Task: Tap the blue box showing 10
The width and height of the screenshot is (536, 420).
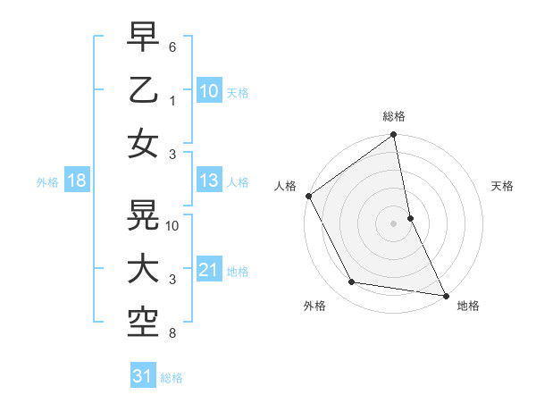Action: (209, 90)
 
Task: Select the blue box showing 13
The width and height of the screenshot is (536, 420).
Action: (209, 181)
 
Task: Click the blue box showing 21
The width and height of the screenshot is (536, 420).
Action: (209, 270)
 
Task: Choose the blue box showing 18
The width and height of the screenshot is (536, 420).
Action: (77, 181)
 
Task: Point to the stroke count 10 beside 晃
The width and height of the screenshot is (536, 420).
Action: (173, 225)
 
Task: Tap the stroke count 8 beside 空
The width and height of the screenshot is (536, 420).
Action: (172, 334)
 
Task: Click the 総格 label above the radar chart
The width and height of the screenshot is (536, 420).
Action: (394, 116)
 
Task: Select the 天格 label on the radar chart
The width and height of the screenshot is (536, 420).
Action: (503, 186)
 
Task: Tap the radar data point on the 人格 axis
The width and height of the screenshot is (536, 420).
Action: (308, 196)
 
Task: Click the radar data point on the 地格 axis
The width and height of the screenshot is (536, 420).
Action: (445, 294)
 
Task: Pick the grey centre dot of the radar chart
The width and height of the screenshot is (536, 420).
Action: (393, 223)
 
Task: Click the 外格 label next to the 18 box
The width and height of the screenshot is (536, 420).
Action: (47, 182)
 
